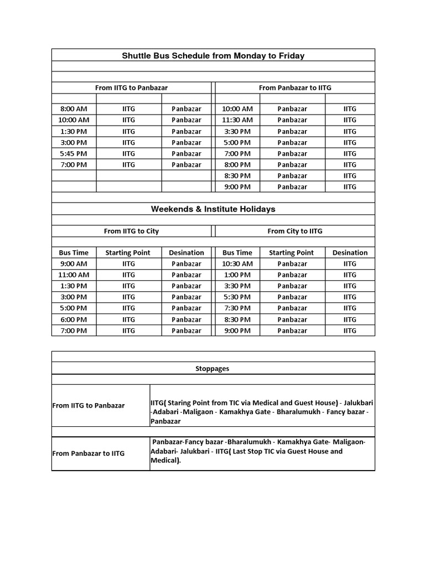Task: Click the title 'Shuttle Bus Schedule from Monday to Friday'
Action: point(213,55)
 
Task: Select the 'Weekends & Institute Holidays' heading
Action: point(213,209)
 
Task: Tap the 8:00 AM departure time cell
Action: point(74,109)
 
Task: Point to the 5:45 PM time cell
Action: point(74,153)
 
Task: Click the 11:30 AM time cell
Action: point(237,120)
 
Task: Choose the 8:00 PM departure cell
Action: point(237,164)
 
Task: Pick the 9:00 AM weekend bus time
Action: point(74,264)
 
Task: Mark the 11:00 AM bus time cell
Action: point(74,275)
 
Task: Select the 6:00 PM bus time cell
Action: point(74,319)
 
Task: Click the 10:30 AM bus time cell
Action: point(237,264)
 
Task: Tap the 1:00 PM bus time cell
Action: point(237,275)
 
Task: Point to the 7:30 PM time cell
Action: point(237,308)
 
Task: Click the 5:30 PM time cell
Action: point(237,297)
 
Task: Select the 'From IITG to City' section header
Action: point(131,231)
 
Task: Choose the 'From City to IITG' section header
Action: point(295,231)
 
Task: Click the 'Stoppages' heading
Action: point(213,368)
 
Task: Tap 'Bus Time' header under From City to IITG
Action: point(237,252)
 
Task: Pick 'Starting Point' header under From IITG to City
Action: point(128,252)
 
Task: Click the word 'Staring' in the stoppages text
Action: point(179,403)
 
